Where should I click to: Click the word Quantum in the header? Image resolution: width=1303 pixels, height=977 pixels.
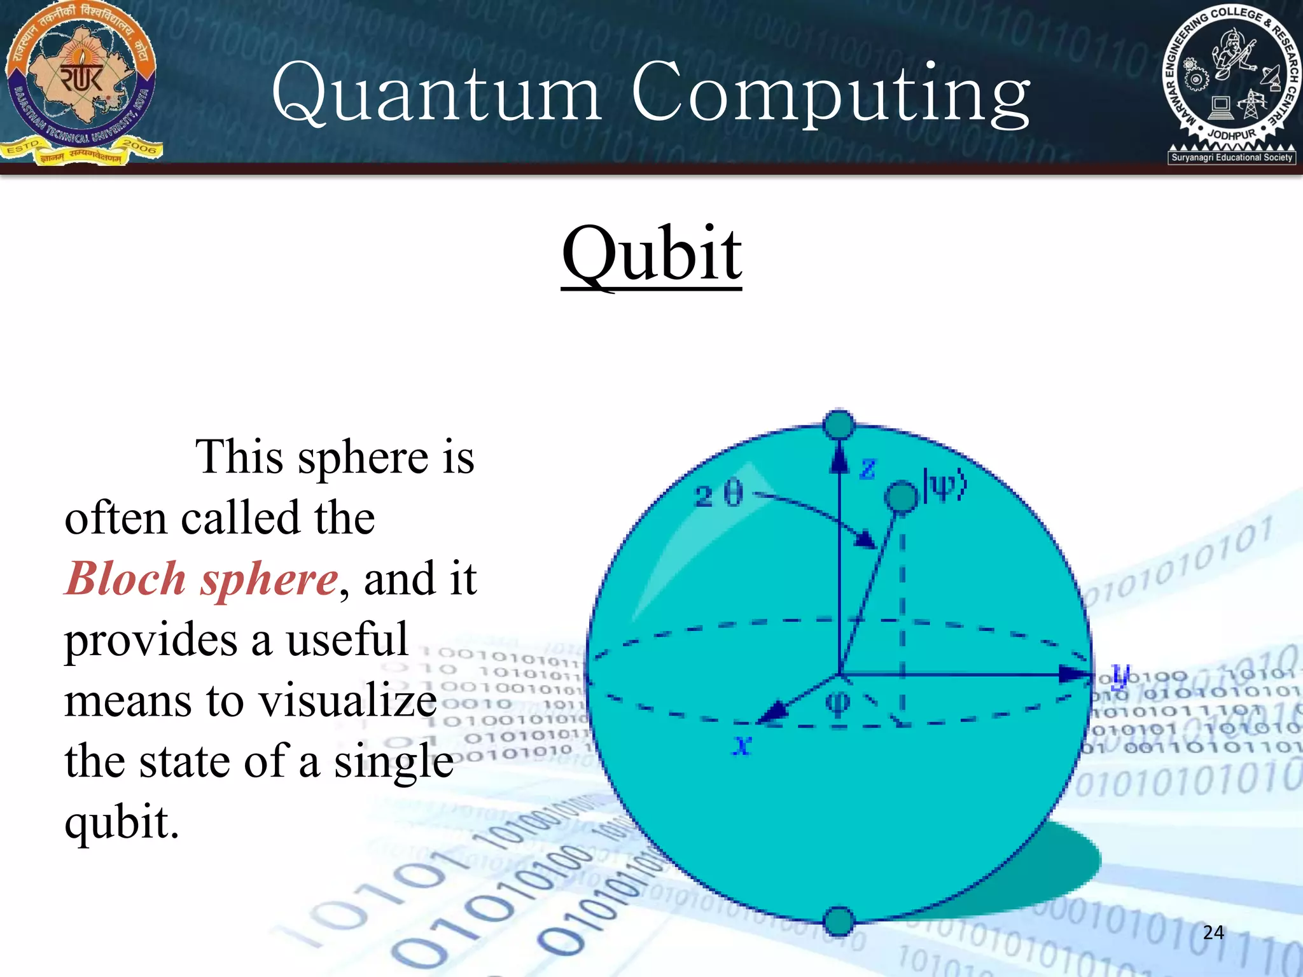point(436,94)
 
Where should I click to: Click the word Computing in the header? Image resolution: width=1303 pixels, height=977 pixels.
point(830,95)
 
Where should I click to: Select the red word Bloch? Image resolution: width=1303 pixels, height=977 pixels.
point(126,579)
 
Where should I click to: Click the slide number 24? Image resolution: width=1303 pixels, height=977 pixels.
point(1213,932)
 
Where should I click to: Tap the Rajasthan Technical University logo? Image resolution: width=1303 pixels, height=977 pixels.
point(81,83)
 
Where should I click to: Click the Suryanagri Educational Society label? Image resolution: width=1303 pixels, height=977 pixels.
point(1232,157)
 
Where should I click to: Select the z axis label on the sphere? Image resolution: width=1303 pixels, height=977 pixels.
point(868,469)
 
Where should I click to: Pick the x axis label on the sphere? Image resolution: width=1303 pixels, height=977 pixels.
point(742,744)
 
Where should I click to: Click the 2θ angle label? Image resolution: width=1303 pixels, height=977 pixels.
point(718,494)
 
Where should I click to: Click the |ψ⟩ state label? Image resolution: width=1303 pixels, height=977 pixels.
point(945,487)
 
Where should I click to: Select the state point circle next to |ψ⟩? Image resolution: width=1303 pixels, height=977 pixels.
point(902,497)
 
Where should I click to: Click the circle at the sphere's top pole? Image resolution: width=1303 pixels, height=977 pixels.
point(839,424)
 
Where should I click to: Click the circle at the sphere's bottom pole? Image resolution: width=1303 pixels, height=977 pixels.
point(839,921)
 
